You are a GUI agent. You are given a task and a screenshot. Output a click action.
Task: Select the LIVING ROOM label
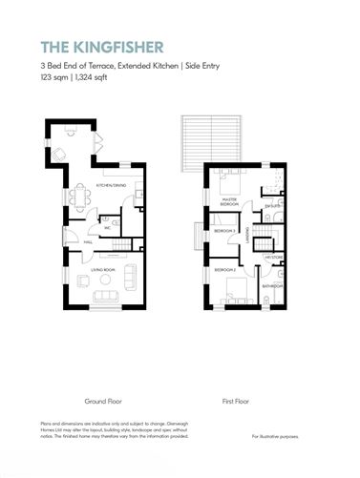103,271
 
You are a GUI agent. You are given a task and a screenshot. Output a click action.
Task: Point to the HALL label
87,242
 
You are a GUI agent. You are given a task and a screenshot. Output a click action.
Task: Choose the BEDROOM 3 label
225,231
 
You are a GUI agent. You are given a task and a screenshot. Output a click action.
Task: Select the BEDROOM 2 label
225,270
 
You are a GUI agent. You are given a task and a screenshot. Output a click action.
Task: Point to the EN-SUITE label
271,204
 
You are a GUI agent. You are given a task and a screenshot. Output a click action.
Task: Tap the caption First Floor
235,402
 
